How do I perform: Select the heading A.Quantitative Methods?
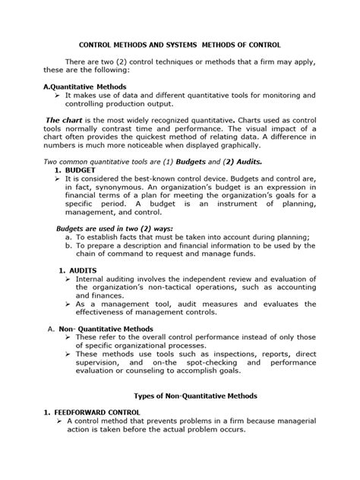tap(85, 87)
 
